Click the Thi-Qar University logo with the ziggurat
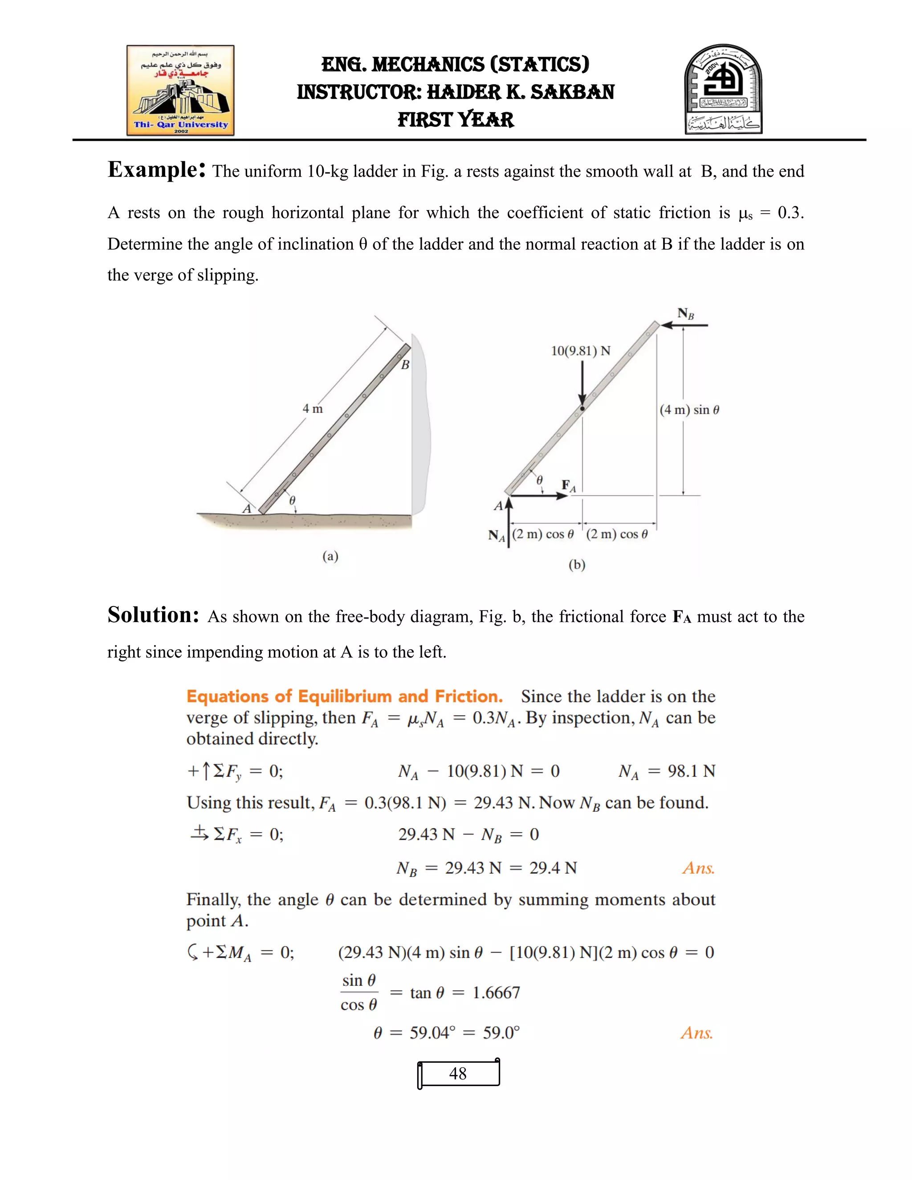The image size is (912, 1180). tap(180, 90)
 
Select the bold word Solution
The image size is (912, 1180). tap(154, 615)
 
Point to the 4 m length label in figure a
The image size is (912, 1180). tap(312, 409)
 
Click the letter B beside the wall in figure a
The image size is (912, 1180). tap(405, 365)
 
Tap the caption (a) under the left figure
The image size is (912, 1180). tap(330, 556)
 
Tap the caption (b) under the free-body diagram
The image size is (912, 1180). tap(577, 565)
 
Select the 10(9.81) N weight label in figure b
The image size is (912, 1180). tap(580, 351)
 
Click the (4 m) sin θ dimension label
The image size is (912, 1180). tap(689, 410)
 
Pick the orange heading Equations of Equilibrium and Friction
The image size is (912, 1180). tap(344, 696)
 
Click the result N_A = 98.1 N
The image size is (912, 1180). tap(667, 772)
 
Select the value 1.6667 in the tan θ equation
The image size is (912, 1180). tap(496, 993)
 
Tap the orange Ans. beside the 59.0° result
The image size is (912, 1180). tap(696, 1033)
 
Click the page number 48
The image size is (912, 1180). tap(458, 1074)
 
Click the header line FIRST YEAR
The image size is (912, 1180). tap(456, 119)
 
